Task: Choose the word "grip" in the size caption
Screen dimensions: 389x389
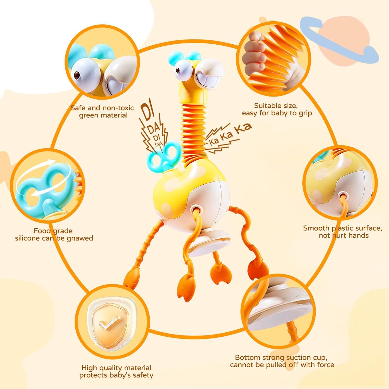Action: click(305, 113)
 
